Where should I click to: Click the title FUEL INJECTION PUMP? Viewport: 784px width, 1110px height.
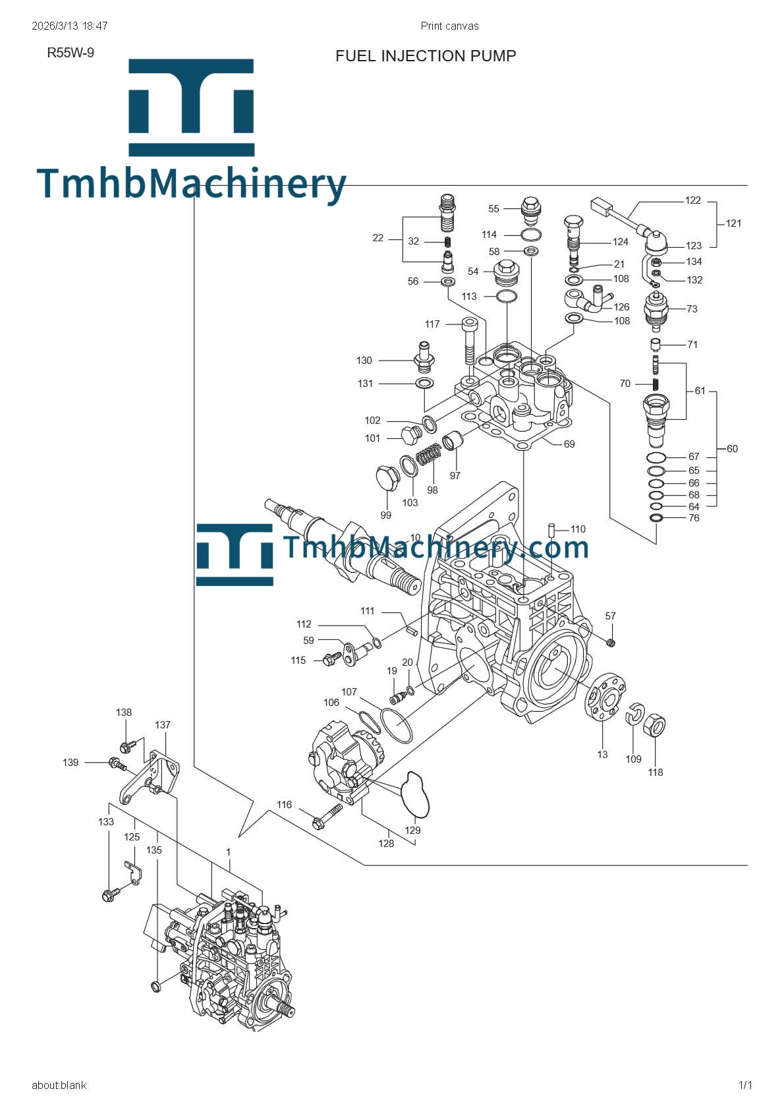coord(426,56)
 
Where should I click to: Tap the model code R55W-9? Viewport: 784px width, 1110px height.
coord(70,53)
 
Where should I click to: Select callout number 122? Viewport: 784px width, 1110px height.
coord(692,200)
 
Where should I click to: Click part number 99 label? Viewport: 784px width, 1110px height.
coord(385,515)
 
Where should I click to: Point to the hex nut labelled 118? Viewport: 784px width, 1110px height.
coord(655,726)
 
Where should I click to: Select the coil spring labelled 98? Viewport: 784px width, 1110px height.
coord(428,454)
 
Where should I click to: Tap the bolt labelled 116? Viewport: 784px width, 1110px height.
coord(327,815)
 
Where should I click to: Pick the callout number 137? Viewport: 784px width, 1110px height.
coord(163,725)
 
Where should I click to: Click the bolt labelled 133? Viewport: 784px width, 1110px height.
coord(110,894)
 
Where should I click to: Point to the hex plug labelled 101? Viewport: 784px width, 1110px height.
coord(411,434)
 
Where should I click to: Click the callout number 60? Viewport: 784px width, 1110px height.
coord(732,449)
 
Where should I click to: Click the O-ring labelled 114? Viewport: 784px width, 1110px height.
coord(532,235)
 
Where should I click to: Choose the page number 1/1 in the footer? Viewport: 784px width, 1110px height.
coord(745,1085)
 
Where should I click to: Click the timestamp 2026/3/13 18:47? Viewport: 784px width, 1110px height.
coord(69,26)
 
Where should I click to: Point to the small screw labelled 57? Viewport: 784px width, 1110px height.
coord(610,642)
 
